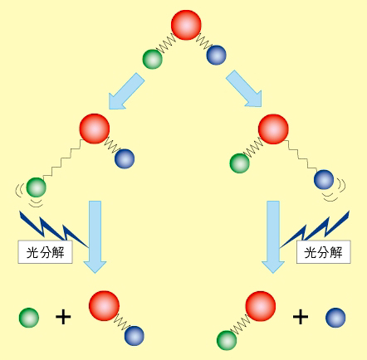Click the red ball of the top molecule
186,25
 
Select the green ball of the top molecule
152,59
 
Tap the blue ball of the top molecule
216,56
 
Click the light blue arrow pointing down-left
126,91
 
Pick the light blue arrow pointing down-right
244,89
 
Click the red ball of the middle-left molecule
95,129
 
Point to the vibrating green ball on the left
36,187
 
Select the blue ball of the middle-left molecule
125,158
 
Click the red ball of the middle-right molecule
273,129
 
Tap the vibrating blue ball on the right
324,180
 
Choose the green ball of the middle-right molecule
239,163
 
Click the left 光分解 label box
46,252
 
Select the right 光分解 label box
324,252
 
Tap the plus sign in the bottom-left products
63,317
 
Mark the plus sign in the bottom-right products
301,317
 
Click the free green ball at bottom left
29,318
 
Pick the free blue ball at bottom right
335,318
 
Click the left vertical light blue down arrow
95,237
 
